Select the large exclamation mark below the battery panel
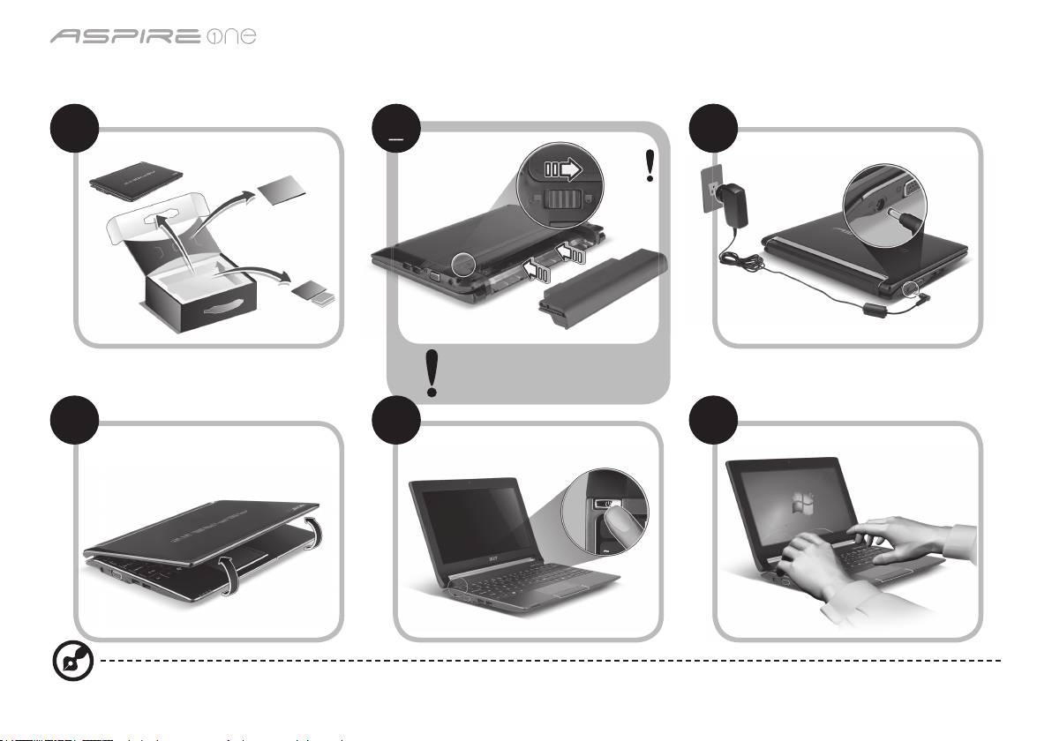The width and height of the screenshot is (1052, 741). click(x=432, y=372)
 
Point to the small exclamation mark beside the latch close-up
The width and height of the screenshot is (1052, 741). click(x=650, y=166)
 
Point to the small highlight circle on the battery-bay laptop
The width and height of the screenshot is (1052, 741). click(x=462, y=263)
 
